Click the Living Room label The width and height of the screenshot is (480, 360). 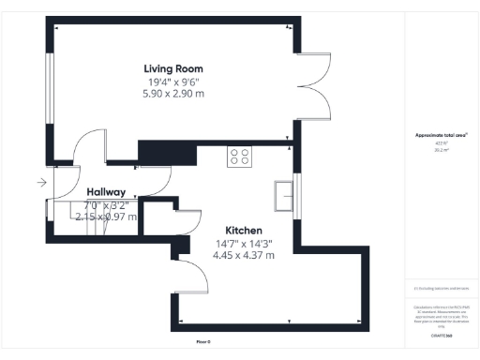173,68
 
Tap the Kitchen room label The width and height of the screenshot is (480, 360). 243,231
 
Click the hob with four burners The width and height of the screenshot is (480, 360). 240,157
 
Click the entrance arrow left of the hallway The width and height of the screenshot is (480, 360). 41,183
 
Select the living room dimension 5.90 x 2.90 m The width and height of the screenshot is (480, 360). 173,94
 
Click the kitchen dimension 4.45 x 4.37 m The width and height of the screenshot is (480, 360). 243,255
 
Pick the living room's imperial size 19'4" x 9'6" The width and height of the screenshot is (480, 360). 173,82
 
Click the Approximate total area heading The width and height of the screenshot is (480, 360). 441,135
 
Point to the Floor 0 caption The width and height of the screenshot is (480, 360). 202,341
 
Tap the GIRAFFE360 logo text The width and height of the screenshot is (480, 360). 442,335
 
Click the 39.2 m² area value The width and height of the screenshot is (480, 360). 441,148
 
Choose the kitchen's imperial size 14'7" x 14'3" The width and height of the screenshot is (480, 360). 243,243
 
